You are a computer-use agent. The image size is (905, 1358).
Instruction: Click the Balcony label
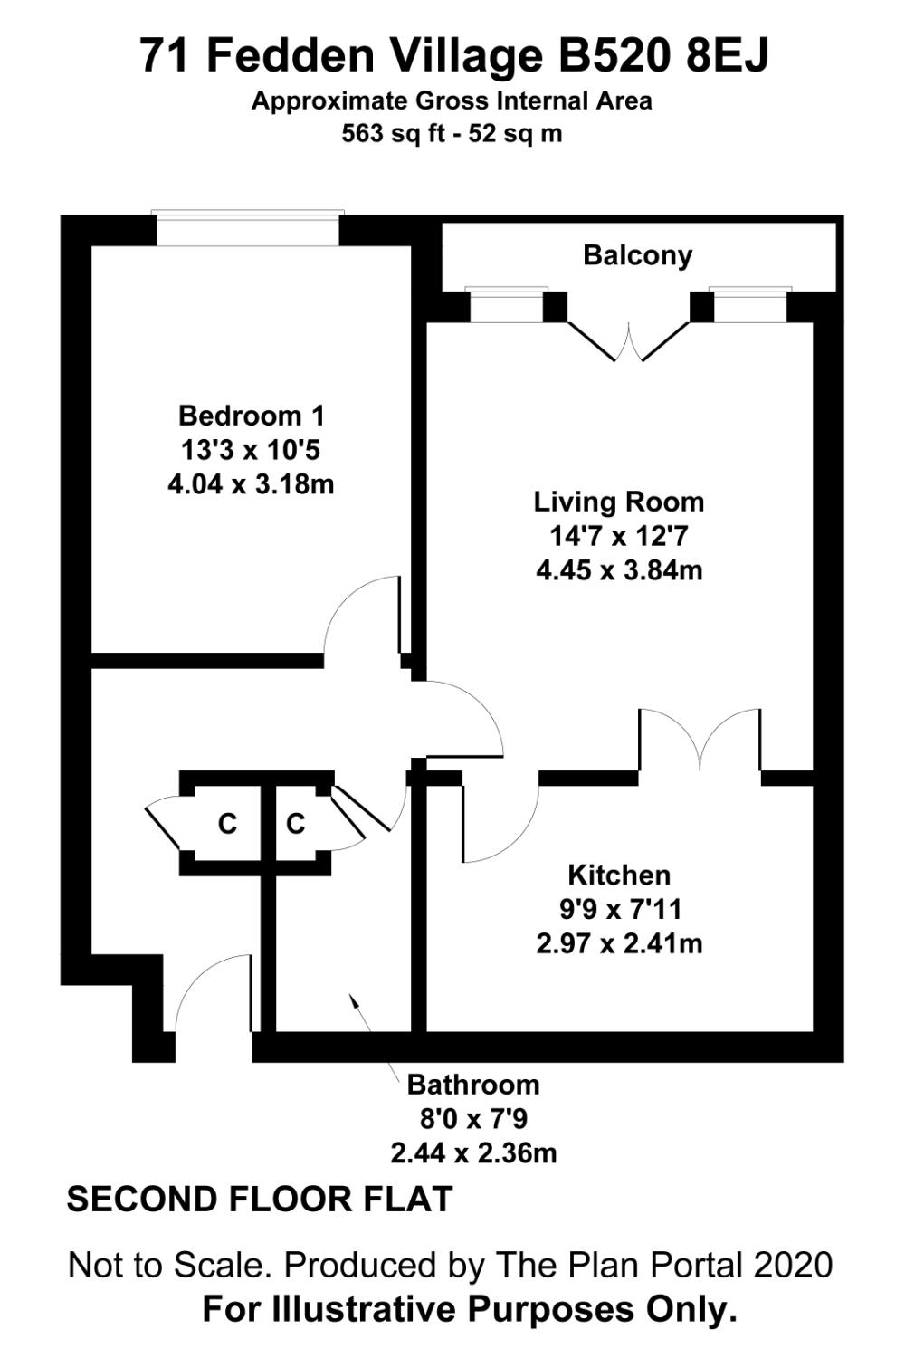(637, 255)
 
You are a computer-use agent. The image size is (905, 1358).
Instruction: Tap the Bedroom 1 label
(251, 416)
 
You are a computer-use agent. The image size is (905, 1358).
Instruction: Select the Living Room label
(619, 502)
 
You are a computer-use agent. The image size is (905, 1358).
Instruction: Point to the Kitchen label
(619, 875)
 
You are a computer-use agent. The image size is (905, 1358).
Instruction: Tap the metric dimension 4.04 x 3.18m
(251, 484)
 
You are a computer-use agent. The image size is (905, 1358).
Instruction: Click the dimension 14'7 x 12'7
(619, 536)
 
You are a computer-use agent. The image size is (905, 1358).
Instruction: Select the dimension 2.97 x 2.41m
(619, 944)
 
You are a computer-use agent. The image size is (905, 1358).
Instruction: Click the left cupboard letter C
(227, 823)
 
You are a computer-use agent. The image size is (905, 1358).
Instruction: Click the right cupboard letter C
(295, 823)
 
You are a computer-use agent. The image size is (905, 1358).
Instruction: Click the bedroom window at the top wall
(247, 228)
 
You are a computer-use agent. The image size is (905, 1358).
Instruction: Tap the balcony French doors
(629, 341)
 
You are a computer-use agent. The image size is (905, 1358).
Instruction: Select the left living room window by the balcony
(506, 305)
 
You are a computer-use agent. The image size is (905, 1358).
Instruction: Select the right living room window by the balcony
(750, 305)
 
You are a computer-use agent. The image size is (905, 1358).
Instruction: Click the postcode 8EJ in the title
(727, 56)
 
